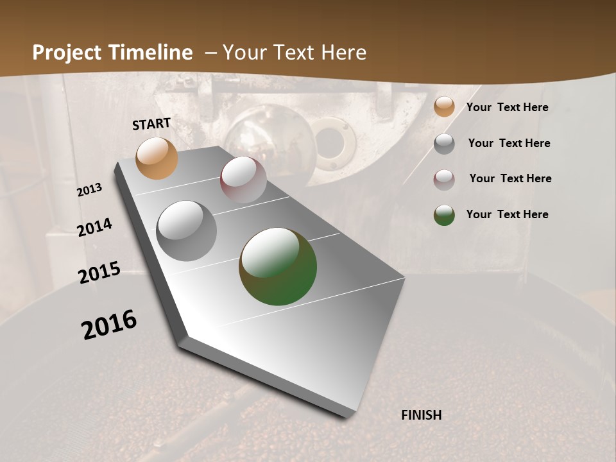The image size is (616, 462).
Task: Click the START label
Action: [151, 124]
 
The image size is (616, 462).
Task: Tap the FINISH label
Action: [421, 415]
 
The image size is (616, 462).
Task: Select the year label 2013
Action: [90, 190]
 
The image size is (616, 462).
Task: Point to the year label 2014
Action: [94, 228]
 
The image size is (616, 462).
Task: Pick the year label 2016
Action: [109, 324]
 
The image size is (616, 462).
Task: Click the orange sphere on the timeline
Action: [157, 158]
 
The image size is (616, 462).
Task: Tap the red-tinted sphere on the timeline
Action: [243, 179]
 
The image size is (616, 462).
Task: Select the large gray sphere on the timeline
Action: [186, 231]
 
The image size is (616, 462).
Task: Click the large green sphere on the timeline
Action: [278, 266]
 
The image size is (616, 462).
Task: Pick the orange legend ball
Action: [444, 107]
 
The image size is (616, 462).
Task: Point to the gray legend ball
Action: [444, 144]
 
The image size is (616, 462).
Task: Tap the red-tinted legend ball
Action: [444, 180]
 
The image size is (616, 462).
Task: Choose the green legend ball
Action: [444, 215]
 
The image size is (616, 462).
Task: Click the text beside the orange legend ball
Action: [508, 107]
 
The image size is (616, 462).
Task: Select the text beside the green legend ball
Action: [508, 214]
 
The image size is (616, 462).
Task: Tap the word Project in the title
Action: [66, 53]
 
